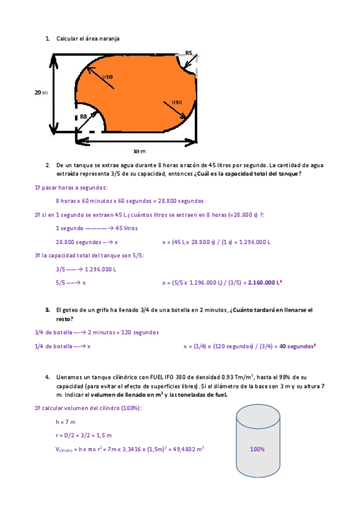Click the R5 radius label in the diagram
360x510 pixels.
click(x=189, y=53)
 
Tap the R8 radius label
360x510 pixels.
click(x=84, y=116)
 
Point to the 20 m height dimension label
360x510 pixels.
click(x=40, y=92)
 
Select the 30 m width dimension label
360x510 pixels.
click(x=139, y=151)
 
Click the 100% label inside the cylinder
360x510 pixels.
click(x=257, y=449)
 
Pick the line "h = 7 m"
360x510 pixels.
click(x=67, y=423)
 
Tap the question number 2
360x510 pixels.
click(x=47, y=165)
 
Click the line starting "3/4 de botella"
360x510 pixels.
click(x=81, y=333)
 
